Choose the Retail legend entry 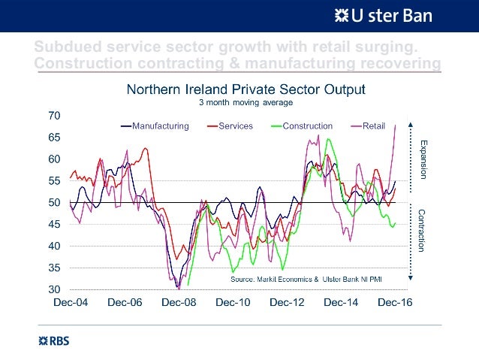pos(374,126)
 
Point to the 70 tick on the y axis pos(54,116)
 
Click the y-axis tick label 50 pos(54,203)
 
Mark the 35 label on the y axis pos(54,268)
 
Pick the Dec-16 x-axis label pos(394,303)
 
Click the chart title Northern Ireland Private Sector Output pos(246,89)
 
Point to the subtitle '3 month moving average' pos(245,102)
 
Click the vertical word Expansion pos(423,159)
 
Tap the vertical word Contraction pos(423,230)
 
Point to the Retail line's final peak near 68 pos(395,126)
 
